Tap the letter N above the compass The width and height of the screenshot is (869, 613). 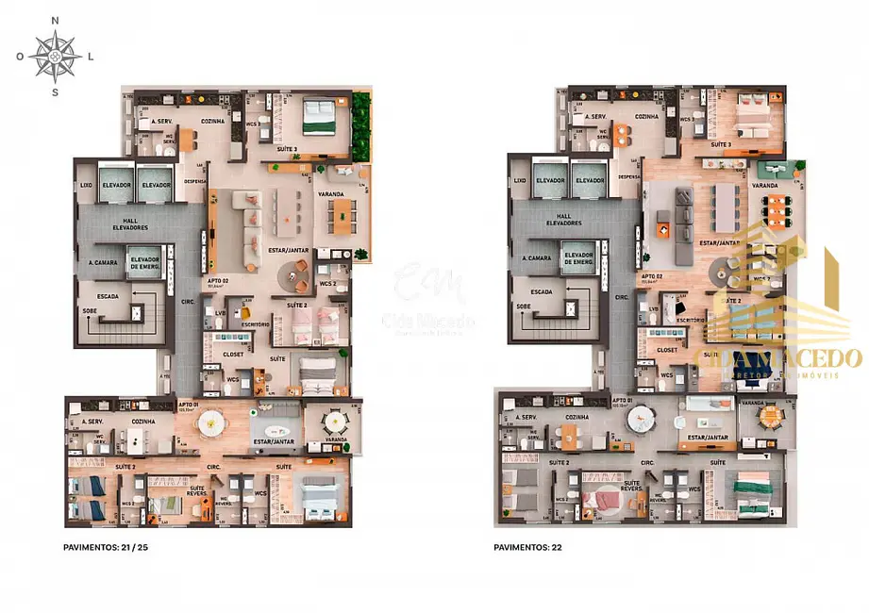click(x=55, y=20)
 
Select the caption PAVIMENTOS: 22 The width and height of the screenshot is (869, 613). click(x=524, y=546)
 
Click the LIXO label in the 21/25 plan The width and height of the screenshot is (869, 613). click(x=86, y=186)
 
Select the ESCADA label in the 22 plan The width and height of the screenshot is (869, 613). click(x=542, y=291)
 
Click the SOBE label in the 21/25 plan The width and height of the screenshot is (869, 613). click(x=92, y=307)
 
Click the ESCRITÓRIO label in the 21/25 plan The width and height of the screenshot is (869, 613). click(x=256, y=324)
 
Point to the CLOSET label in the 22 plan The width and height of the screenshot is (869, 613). click(x=666, y=350)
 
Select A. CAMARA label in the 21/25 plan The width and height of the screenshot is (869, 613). click(x=102, y=263)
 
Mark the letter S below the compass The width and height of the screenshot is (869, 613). click(x=55, y=91)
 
